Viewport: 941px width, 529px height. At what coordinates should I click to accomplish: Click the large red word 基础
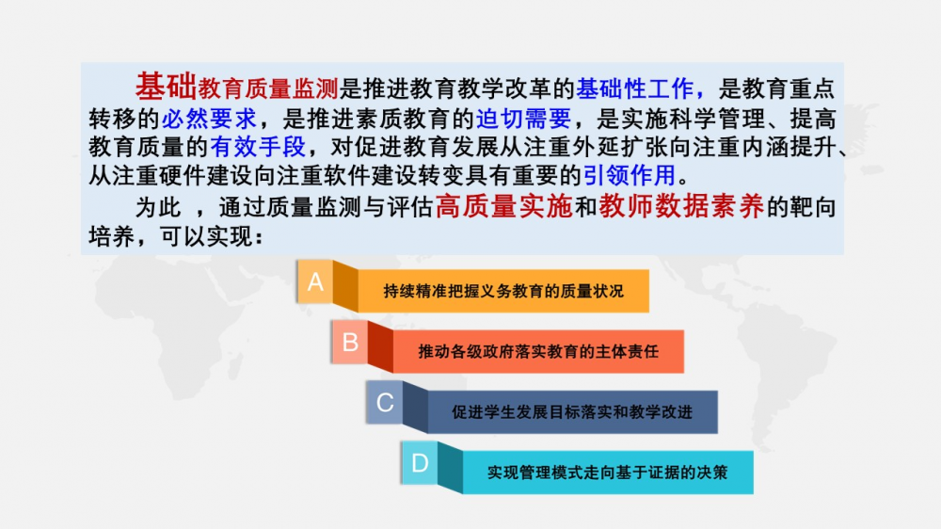167,87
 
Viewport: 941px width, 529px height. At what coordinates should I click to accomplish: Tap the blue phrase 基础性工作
634,88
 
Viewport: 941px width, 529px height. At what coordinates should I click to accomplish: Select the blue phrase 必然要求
209,119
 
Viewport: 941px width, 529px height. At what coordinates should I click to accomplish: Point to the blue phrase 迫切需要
523,119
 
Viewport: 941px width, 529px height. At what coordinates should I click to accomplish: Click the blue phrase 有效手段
258,147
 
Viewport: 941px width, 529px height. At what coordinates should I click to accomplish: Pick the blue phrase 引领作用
630,175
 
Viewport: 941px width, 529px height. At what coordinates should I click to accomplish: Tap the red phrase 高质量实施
504,206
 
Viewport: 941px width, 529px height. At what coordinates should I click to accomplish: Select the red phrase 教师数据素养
681,206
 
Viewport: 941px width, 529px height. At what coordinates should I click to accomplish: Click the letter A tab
315,281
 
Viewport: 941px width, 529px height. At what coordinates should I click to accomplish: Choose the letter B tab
350,343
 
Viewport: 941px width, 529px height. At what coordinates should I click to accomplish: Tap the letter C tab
385,402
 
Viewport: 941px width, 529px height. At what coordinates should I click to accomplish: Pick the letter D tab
420,463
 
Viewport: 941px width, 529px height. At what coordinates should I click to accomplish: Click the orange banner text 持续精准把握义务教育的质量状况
503,291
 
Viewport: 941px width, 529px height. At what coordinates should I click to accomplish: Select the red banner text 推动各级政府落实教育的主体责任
538,351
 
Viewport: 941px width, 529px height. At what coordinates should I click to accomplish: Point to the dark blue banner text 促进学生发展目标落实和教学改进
572,412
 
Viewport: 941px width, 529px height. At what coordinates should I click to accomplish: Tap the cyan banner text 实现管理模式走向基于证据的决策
607,473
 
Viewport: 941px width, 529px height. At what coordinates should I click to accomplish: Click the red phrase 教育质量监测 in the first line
268,88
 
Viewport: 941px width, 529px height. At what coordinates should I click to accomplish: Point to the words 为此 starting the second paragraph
158,208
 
